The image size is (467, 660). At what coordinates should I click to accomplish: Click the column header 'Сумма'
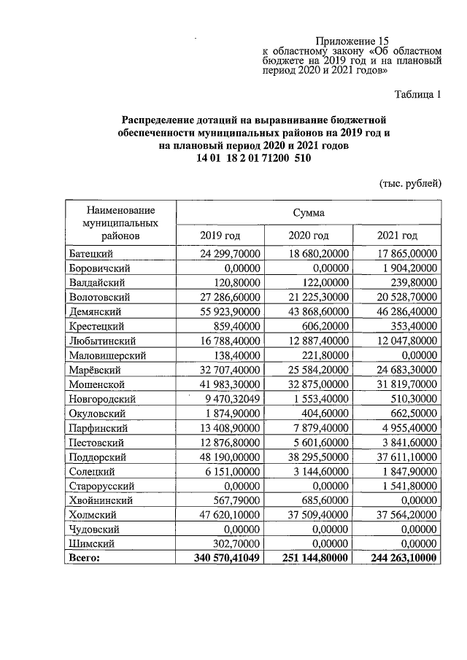pyautogui.click(x=309, y=213)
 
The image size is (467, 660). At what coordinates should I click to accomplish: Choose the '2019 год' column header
pyautogui.click(x=220, y=235)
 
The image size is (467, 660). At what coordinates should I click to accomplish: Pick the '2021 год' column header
pyautogui.click(x=397, y=235)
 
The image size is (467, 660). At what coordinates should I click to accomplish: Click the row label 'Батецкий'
pyautogui.click(x=90, y=254)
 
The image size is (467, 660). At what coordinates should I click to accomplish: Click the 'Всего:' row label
pyautogui.click(x=84, y=558)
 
